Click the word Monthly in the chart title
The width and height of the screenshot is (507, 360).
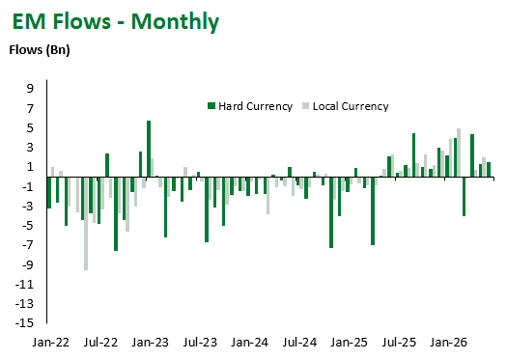[x=175, y=22]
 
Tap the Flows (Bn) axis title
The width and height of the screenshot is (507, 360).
[x=40, y=50]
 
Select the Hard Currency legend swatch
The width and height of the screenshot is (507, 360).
[x=211, y=105]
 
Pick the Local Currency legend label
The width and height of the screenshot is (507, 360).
[x=351, y=106]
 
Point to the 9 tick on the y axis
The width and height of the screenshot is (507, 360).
[x=30, y=88]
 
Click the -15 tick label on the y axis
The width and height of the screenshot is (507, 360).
[x=24, y=322]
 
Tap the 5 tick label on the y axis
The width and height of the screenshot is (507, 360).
[x=30, y=127]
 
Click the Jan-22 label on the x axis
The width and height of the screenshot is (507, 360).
[x=51, y=343]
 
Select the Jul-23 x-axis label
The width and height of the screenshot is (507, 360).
[x=200, y=343]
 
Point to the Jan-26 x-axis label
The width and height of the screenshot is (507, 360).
[x=448, y=343]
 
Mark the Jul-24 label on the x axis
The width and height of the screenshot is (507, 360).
[x=299, y=343]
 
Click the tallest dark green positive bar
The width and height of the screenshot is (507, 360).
[x=149, y=149]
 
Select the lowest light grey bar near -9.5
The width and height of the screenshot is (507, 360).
[x=86, y=224]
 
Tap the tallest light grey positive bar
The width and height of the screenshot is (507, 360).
[x=459, y=152]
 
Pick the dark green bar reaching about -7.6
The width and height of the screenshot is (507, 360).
[x=116, y=214]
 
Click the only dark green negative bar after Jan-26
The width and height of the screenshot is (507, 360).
[x=464, y=197]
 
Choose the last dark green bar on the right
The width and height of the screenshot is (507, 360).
[x=489, y=170]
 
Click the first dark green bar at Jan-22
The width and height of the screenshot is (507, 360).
[x=49, y=193]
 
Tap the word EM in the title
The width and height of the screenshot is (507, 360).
[x=28, y=21]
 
